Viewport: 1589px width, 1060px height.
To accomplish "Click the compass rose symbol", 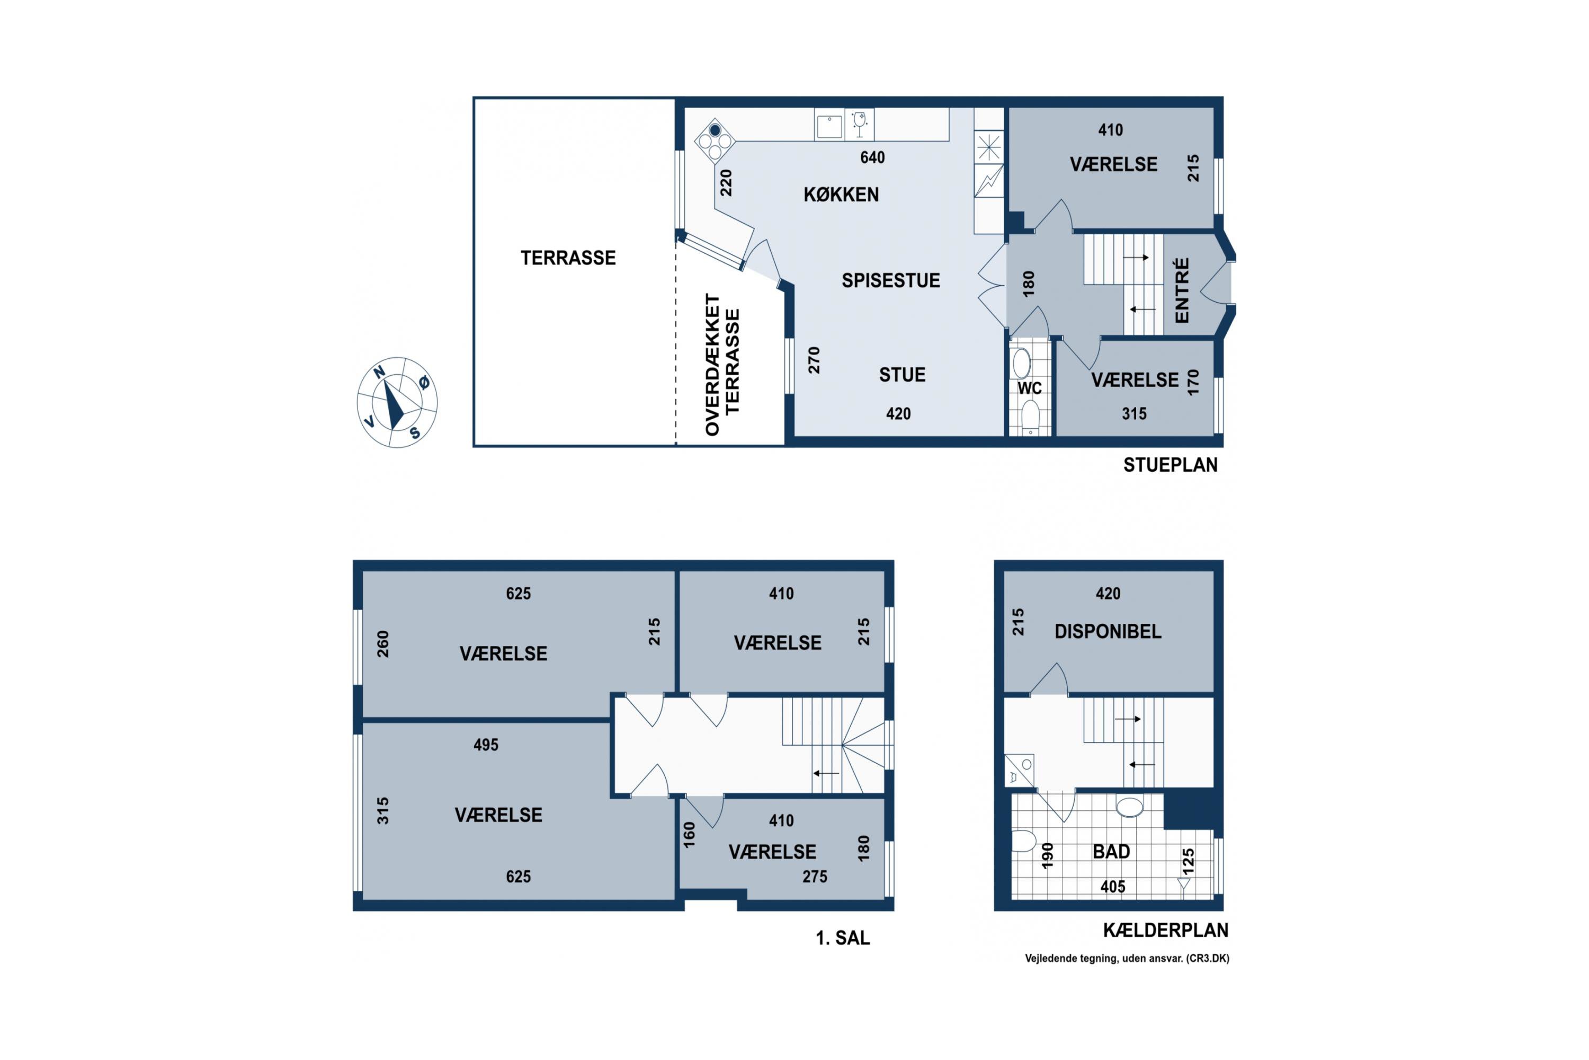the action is [x=397, y=402].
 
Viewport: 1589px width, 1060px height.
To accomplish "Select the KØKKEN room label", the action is [x=841, y=195].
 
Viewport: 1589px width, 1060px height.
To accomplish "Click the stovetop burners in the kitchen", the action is [x=715, y=140].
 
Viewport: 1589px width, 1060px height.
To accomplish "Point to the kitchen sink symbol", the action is [x=829, y=126].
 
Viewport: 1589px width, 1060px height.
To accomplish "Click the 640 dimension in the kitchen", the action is [x=872, y=157].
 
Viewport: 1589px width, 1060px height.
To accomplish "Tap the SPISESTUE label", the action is [x=890, y=280].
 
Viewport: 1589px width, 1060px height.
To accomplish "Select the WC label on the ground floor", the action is [x=1030, y=388].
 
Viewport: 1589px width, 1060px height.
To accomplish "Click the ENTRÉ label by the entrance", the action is [x=1182, y=290].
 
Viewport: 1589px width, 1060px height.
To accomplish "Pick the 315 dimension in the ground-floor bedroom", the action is [x=1135, y=414].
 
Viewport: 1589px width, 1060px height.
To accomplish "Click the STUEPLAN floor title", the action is [x=1170, y=465].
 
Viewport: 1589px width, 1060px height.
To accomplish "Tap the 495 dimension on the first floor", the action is [x=486, y=745].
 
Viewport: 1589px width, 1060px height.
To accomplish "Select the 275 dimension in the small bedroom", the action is [x=815, y=877].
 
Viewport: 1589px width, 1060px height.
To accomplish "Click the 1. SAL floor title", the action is [x=843, y=938].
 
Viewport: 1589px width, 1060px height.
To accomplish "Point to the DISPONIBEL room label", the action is [x=1108, y=631].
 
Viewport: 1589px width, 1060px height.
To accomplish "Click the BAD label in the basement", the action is [x=1111, y=852].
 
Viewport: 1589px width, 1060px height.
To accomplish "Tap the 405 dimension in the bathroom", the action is [x=1113, y=887].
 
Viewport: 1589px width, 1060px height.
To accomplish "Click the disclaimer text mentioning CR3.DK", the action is [x=1127, y=959].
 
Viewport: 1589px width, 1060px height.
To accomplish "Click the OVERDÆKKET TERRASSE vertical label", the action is [x=722, y=365].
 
